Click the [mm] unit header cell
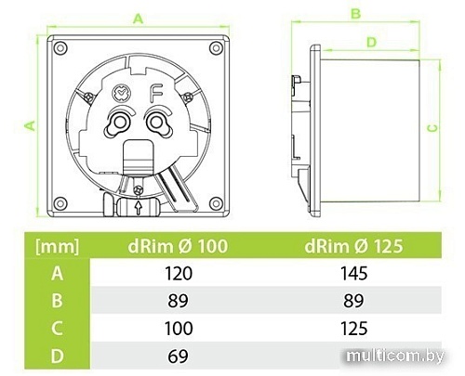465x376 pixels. (x=56, y=246)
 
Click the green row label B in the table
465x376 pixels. (x=56, y=302)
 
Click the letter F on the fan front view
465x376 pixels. (x=158, y=93)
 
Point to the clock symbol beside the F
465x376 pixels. (x=121, y=92)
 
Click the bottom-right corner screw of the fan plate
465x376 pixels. (x=216, y=202)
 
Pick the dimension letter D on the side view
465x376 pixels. (x=371, y=41)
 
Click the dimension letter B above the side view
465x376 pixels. (x=355, y=13)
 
